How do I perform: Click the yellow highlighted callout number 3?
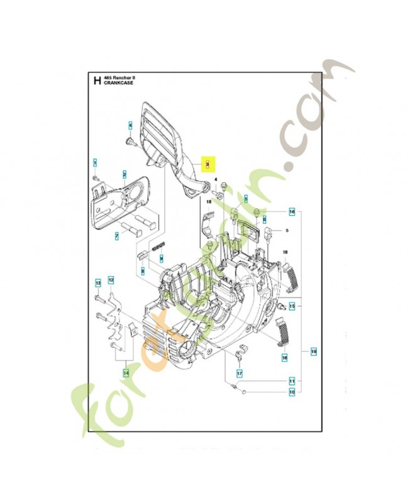coord(208,164)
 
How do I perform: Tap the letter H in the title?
coord(96,80)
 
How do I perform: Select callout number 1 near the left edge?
coord(95,162)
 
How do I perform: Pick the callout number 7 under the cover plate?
coord(116,236)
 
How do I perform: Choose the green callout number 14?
coord(125,372)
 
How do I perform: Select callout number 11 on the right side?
coord(292,381)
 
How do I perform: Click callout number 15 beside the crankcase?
coord(292,306)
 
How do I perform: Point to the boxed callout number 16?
coord(292,211)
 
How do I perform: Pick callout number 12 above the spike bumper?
coord(111,279)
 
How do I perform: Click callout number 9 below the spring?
coord(161,258)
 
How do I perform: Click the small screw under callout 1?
coord(96,179)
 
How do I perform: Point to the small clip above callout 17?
coord(239,356)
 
